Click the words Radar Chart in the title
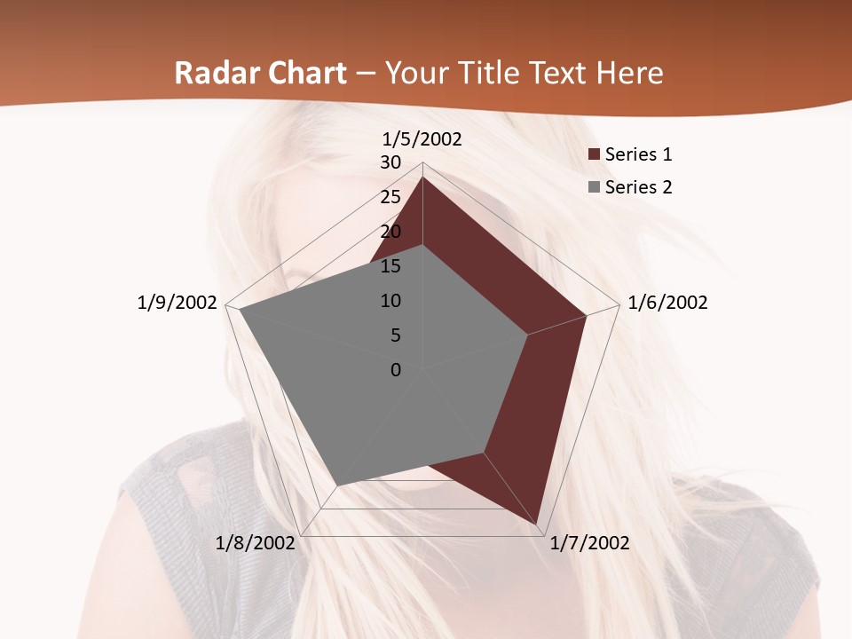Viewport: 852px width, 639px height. click(x=260, y=73)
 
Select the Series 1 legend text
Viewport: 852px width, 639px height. click(x=638, y=154)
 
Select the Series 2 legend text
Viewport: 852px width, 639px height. click(x=638, y=187)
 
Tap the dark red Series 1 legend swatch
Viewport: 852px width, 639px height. click(x=594, y=155)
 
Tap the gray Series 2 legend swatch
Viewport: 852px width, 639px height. click(x=594, y=188)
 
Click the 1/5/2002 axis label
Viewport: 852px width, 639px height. click(x=422, y=138)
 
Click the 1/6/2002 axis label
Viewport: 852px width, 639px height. click(x=667, y=303)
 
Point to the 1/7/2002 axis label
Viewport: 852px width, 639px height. click(x=589, y=543)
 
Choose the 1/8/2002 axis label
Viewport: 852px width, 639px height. click(x=256, y=543)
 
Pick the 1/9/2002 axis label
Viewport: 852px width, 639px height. click(x=177, y=303)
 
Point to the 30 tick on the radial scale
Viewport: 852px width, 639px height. click(x=390, y=162)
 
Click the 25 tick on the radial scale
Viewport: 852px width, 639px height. click(x=390, y=197)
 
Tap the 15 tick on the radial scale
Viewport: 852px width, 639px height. click(x=390, y=266)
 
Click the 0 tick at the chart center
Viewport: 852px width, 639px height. click(x=396, y=370)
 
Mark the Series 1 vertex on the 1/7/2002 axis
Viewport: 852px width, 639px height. click(x=538, y=525)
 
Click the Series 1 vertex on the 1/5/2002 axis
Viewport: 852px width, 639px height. click(x=422, y=177)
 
